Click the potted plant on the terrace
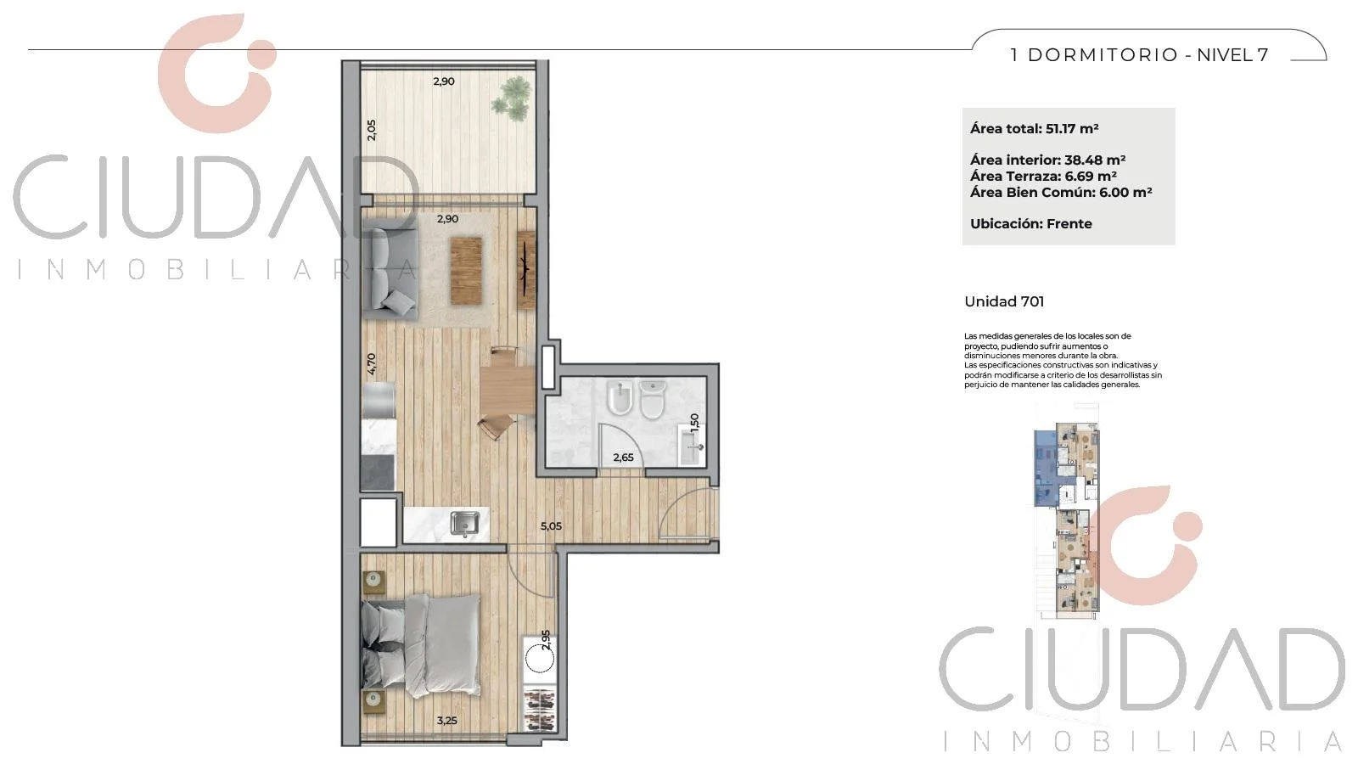(511, 98)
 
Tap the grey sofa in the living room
(390, 268)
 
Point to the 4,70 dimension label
(371, 364)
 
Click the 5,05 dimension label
(551, 526)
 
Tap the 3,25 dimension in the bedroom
(446, 721)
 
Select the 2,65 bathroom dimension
(623, 458)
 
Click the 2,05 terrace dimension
(372, 131)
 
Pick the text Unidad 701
(1004, 302)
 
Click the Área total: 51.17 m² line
(1035, 128)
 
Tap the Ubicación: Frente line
(1030, 224)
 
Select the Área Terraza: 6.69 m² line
(1043, 177)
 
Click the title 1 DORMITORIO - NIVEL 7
(1139, 55)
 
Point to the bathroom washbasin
(691, 445)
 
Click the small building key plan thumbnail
(1066, 521)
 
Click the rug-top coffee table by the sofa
(466, 271)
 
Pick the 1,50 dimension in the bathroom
(695, 422)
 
